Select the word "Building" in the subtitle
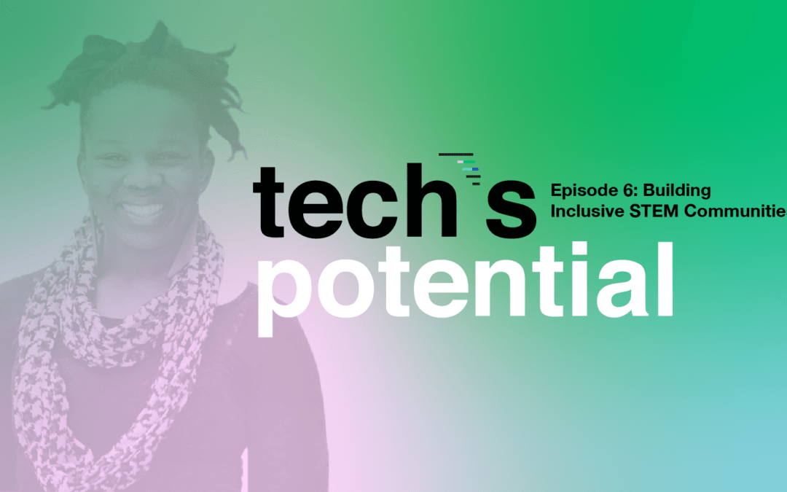pos(676,191)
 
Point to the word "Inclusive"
pos(587,211)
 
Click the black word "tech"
pos(354,200)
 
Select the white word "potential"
pos(465,288)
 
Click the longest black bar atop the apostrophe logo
pos(455,154)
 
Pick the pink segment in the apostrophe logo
pos(460,162)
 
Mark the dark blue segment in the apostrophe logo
pos(475,169)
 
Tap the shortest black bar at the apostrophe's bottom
pos(477,184)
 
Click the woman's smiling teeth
pos(142,209)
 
